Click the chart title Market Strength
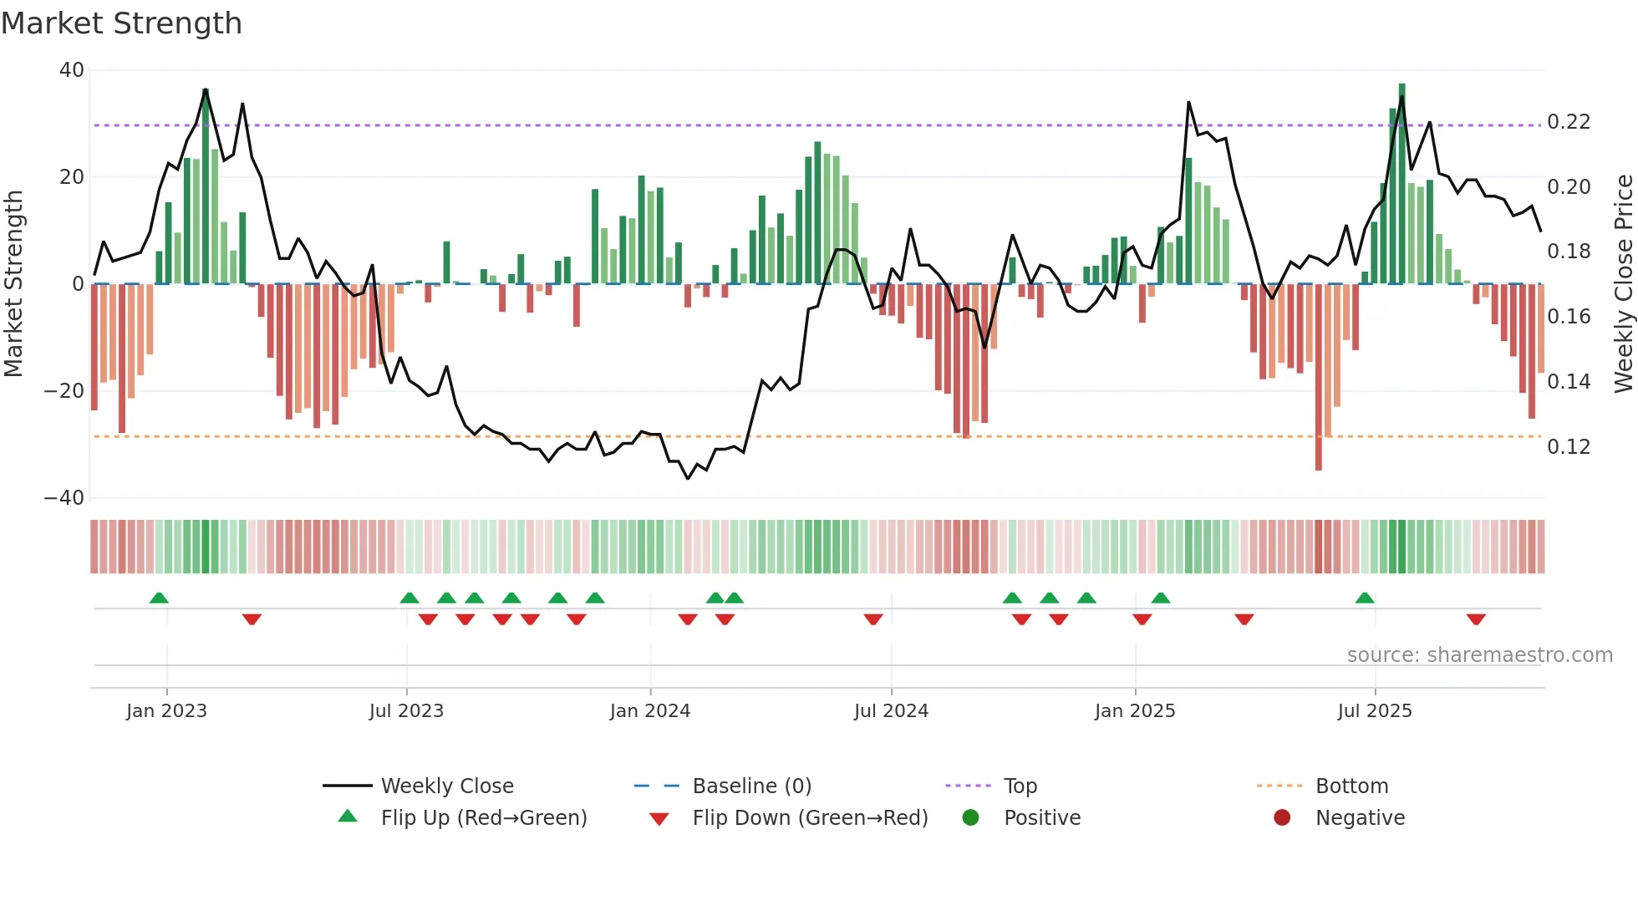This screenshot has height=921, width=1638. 121,23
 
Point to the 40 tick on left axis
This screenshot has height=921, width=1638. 72,70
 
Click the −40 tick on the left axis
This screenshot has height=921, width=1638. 64,498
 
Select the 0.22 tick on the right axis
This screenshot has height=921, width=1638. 1568,122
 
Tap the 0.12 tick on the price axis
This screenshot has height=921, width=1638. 1568,447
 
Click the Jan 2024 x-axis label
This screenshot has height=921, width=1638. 649,711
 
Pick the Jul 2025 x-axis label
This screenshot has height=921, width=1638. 1374,711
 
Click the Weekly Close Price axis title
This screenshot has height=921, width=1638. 1623,283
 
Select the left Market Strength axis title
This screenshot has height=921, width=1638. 14,283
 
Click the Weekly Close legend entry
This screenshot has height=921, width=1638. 446,786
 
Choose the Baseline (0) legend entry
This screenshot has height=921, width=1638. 751,786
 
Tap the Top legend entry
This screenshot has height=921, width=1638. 1020,786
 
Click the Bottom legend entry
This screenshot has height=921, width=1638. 1351,786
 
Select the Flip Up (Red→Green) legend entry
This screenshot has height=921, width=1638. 483,818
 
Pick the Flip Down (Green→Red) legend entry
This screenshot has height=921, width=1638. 809,818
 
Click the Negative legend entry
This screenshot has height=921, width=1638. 1360,818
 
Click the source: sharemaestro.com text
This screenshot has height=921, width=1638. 1479,655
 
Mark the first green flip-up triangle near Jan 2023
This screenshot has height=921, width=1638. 159,598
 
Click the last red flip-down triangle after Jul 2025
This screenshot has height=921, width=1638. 1476,619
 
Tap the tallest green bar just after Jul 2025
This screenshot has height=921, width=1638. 1401,184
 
